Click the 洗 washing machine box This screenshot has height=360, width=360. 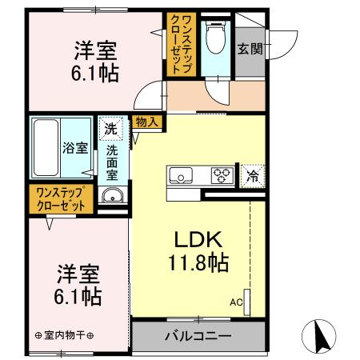coord(110,128)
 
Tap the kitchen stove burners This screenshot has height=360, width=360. coord(222,175)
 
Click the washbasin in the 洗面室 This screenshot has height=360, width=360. coord(110,199)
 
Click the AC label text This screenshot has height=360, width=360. coord(236,302)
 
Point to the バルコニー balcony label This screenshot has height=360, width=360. coord(198,335)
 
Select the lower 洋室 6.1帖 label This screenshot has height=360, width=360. coord(78,284)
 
